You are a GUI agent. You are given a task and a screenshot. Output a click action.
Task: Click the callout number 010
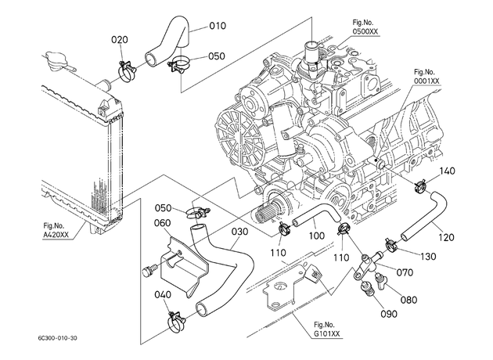coord(218,26)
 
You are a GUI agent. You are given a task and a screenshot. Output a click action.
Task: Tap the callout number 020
coord(120,40)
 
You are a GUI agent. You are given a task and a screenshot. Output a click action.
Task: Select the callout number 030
coord(240,232)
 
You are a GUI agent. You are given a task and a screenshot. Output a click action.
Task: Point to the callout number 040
coord(163,294)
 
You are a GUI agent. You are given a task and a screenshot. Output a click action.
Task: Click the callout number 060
coord(163,223)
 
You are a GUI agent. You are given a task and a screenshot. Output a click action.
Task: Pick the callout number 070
coord(405,272)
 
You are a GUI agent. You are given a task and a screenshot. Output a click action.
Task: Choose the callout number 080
coord(408,300)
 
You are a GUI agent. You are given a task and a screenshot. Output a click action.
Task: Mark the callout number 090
coord(389,314)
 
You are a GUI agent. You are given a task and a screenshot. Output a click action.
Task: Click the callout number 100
coord(317,236)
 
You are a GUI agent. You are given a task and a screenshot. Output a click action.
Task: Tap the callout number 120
coord(447,237)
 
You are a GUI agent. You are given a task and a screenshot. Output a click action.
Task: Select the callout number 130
coord(428,257)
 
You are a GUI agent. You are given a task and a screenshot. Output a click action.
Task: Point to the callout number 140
coord(447,171)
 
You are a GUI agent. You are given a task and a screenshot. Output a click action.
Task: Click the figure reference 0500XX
coord(365,31)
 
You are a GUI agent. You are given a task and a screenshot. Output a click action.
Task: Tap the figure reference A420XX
coord(56,235)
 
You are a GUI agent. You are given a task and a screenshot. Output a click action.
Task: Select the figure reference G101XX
coord(327,334)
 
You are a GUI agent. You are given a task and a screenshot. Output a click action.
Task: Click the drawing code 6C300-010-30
coord(57,338)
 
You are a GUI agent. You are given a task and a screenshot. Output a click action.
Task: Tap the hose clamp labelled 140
coord(421,185)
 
